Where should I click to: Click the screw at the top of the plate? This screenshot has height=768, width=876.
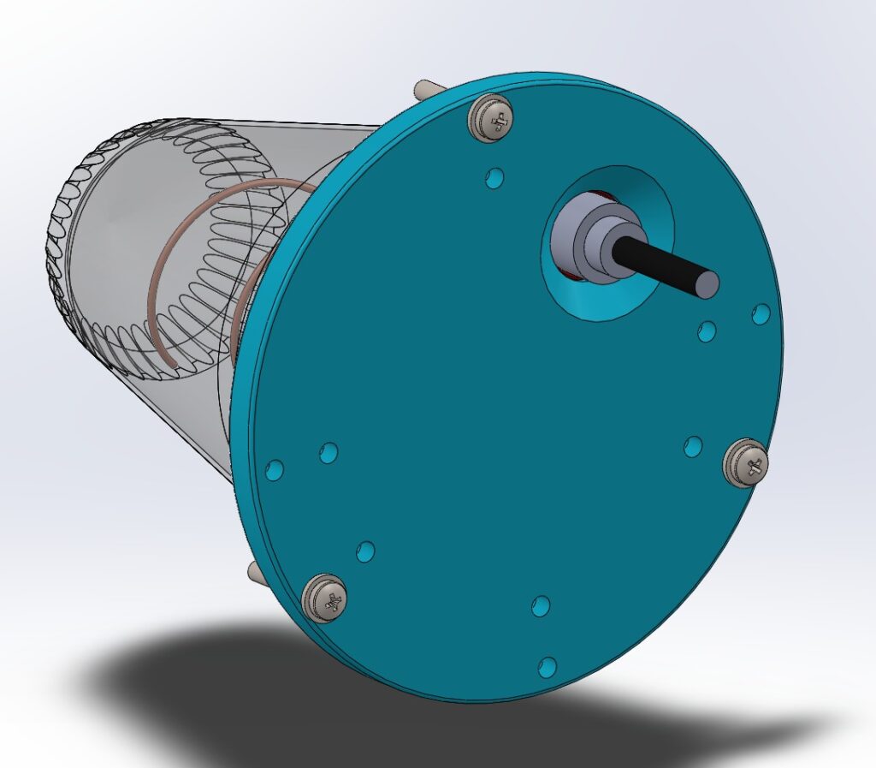coord(492,117)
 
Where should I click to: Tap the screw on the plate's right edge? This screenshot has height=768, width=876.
coord(746,463)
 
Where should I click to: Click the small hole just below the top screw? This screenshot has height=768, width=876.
coord(494,178)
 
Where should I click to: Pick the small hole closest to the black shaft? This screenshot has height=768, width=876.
coord(707,330)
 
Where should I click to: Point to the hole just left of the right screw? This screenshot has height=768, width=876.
coord(694,446)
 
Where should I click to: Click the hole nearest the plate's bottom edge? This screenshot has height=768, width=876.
coord(547,665)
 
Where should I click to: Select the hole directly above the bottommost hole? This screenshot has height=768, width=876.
coord(541,606)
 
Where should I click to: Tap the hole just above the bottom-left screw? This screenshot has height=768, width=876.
coord(365,551)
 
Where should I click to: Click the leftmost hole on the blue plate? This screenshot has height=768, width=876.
coord(275,469)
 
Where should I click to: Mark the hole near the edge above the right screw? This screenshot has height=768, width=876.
coord(760,314)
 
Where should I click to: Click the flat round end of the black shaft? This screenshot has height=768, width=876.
coord(707,283)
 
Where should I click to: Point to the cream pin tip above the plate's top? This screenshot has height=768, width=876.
coord(423,88)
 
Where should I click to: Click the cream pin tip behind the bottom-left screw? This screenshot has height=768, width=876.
coord(254,569)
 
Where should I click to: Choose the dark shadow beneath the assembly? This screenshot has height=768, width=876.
coord(214,685)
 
